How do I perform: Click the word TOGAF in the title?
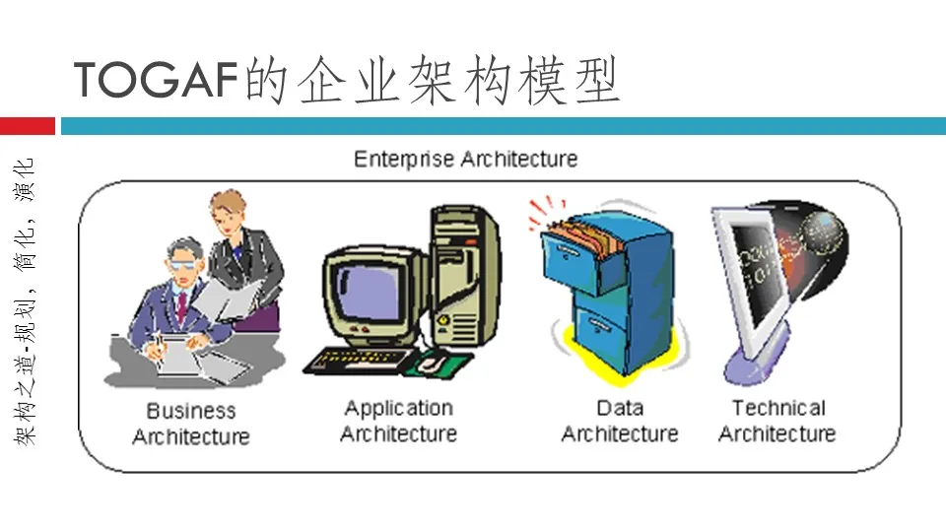[158, 80]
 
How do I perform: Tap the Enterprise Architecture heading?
[465, 159]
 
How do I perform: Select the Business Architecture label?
[191, 424]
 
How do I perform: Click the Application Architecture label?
[399, 421]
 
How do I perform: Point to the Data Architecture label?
[620, 421]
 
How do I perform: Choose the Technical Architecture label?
[777, 421]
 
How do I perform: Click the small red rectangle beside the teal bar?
[27, 126]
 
